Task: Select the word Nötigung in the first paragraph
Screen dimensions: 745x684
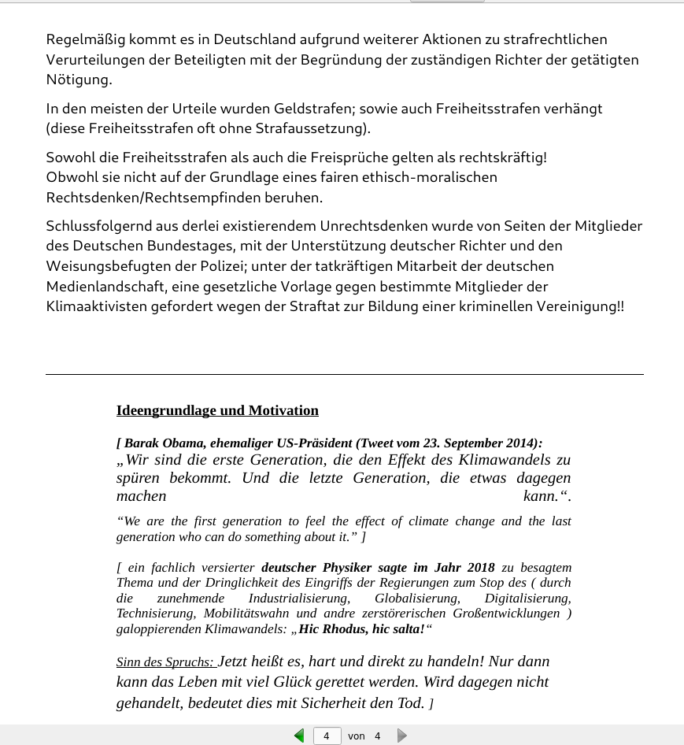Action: point(79,80)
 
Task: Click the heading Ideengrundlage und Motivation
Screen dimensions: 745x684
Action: point(217,410)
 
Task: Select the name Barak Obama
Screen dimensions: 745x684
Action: point(165,443)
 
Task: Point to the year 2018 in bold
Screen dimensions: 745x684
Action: point(480,567)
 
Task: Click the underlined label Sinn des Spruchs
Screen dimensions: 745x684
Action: point(164,662)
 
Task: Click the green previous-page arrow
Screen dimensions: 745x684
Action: point(299,736)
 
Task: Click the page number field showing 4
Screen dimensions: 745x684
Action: point(327,736)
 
